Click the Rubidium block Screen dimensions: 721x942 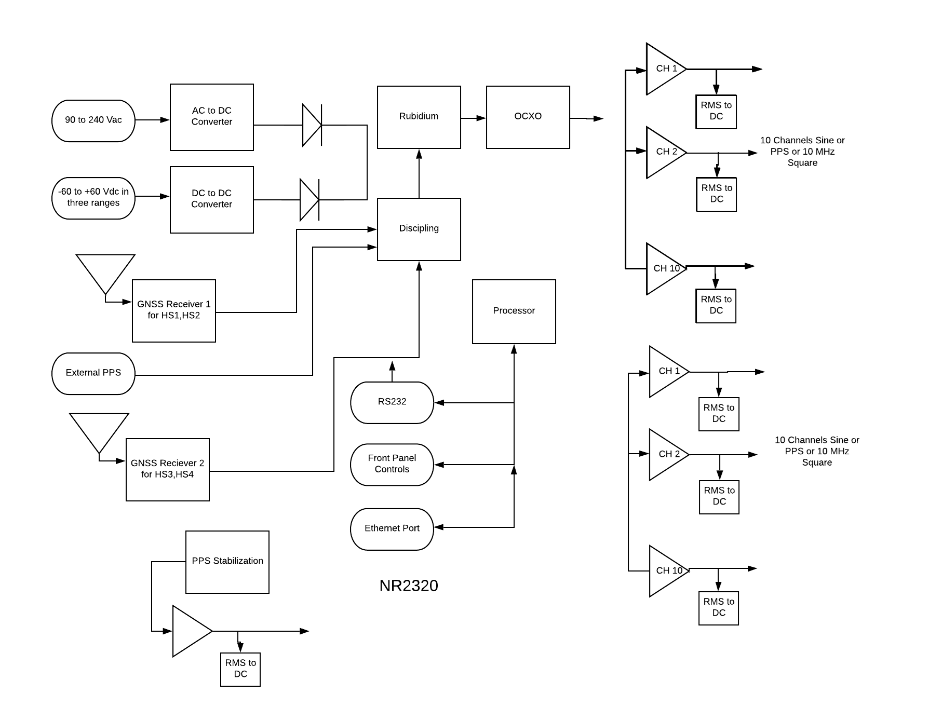(x=419, y=117)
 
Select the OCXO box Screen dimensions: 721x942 (x=528, y=117)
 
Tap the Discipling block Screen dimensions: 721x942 (x=419, y=229)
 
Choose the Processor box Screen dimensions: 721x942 (x=514, y=311)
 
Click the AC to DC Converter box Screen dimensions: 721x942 (x=211, y=117)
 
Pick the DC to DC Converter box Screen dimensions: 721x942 (x=211, y=200)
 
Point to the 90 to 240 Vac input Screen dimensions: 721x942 (x=93, y=120)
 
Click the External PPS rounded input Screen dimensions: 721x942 (x=93, y=373)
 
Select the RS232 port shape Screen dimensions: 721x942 (x=392, y=402)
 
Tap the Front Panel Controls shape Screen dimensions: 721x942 (x=392, y=464)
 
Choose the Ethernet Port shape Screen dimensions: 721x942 (x=392, y=529)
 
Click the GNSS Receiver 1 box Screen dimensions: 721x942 (x=173, y=310)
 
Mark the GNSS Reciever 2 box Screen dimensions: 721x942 (x=167, y=469)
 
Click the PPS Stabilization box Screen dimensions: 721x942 (x=227, y=562)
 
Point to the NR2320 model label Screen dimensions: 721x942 (x=409, y=586)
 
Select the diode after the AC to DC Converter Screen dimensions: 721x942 (x=312, y=125)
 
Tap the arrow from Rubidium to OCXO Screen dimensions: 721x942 (x=473, y=118)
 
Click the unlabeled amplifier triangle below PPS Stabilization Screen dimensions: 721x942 (x=190, y=631)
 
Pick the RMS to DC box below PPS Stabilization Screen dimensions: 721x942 (x=240, y=669)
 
